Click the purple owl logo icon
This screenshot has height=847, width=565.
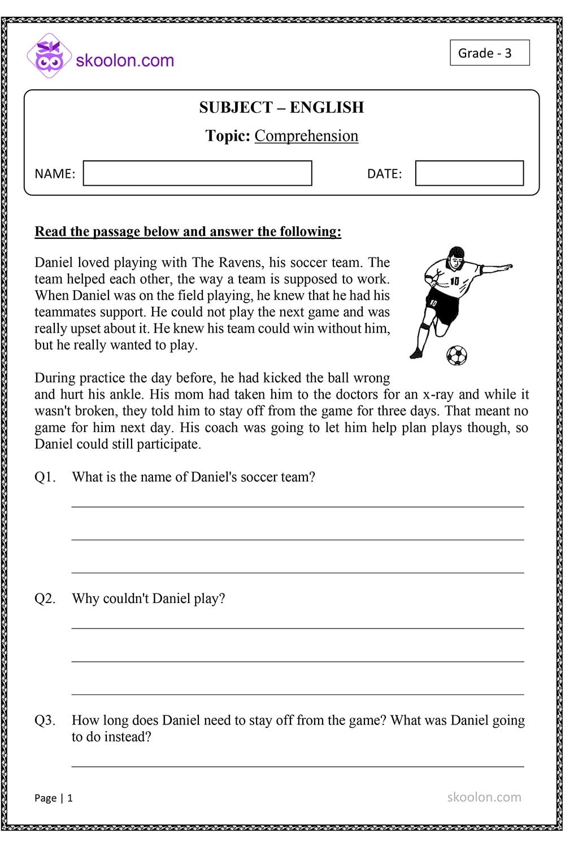(x=49, y=56)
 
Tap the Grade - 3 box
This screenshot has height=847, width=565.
(x=489, y=53)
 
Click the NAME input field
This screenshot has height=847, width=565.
(x=197, y=173)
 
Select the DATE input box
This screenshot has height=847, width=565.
(x=469, y=173)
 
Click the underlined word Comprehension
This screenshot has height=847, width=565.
(x=306, y=136)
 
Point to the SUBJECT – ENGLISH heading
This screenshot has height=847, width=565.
(x=281, y=107)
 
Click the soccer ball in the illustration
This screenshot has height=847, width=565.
(x=457, y=355)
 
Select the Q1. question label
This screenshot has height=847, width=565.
(x=45, y=477)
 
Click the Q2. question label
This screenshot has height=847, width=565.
(x=45, y=599)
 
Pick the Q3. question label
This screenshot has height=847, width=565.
(x=45, y=721)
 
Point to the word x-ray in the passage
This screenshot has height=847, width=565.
(x=438, y=395)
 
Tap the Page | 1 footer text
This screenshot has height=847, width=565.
(x=54, y=798)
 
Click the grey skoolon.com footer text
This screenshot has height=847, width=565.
(x=484, y=797)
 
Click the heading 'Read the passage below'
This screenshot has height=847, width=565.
(x=188, y=232)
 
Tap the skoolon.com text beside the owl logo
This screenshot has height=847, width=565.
(x=125, y=60)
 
